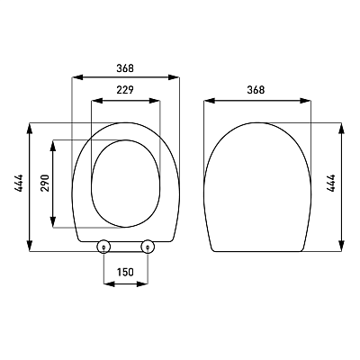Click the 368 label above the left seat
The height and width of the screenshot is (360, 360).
click(125, 68)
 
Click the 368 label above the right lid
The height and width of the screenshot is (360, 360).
click(256, 90)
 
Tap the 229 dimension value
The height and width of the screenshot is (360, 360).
click(125, 90)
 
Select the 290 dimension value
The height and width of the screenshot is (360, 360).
click(45, 183)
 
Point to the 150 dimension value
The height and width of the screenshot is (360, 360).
click(125, 272)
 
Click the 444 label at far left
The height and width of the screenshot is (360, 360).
click(19, 183)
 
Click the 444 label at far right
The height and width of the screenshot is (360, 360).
click(331, 183)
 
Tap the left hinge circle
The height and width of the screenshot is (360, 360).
click(103, 247)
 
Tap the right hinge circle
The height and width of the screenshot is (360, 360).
click(148, 247)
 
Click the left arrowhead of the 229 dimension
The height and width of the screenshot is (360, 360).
click(96, 101)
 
